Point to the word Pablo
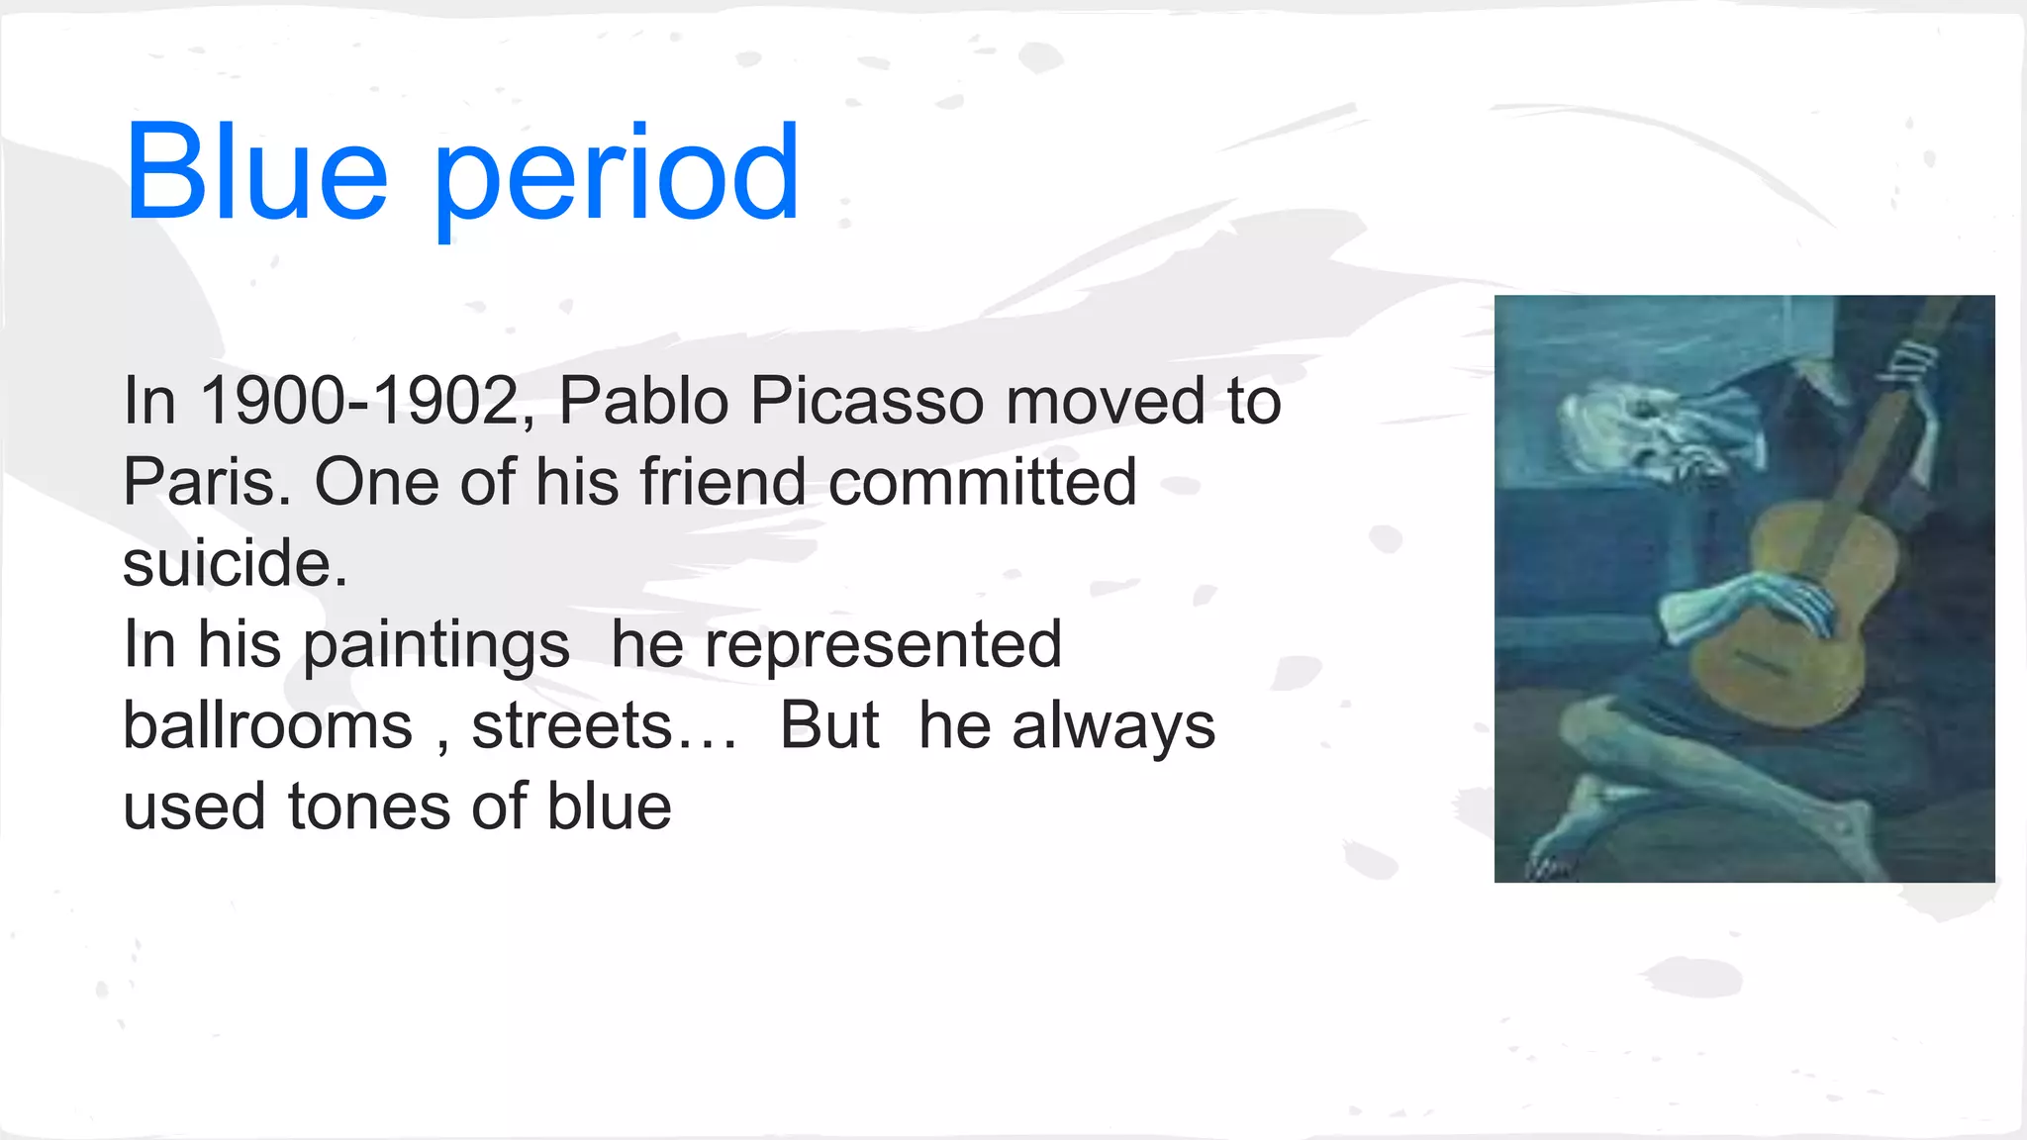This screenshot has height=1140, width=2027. [643, 402]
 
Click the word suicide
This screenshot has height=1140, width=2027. [235, 564]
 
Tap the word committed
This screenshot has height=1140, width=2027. [982, 483]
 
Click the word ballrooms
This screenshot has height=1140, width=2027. [267, 726]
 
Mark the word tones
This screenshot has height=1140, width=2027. [369, 807]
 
